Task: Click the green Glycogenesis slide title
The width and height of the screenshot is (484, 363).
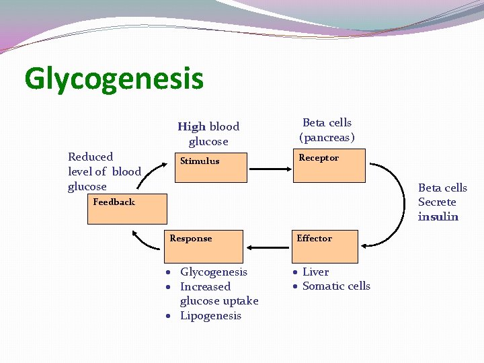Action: [114, 79]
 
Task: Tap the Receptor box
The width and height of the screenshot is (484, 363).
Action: [329, 167]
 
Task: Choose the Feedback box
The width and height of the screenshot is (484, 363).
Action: [129, 209]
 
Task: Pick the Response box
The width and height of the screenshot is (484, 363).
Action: [204, 247]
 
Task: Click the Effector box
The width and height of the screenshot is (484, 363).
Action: [325, 247]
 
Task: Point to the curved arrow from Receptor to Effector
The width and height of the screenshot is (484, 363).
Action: [397, 202]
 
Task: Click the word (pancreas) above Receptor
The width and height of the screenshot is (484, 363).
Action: [327, 138]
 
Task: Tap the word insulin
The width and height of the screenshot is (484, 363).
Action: [438, 216]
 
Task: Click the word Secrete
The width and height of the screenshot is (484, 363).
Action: [437, 202]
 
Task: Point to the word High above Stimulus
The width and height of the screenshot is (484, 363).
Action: [192, 126]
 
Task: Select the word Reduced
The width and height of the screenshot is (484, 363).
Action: [91, 157]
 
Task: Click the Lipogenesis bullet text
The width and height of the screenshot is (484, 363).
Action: [210, 316]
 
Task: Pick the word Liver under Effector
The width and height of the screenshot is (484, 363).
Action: [315, 272]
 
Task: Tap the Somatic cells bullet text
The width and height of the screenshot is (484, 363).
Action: [336, 286]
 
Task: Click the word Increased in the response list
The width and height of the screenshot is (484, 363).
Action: [205, 286]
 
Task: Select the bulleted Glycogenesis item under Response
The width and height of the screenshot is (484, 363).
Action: [214, 272]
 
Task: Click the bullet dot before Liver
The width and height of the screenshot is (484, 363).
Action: [295, 272]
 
